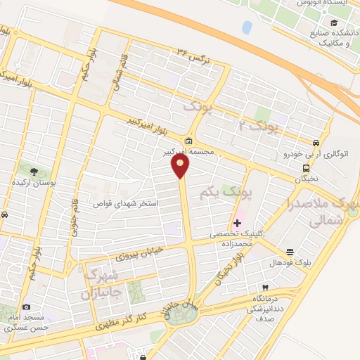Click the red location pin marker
181,166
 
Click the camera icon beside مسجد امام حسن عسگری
26,307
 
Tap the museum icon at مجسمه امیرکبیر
189,139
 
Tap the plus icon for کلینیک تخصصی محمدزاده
236,224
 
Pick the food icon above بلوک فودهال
289,251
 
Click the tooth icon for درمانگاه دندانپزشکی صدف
265,288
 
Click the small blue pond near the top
246,27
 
